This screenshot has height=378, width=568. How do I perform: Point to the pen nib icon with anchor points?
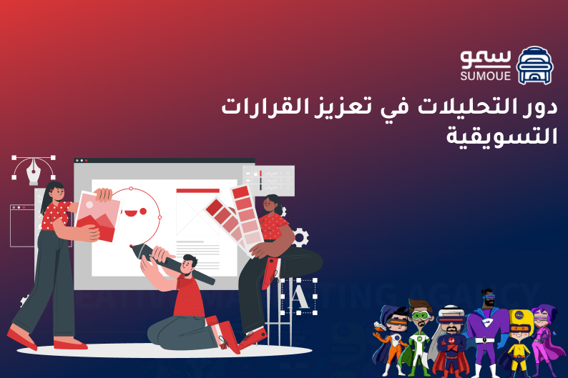(34, 169)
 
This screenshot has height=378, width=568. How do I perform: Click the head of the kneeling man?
(190, 264)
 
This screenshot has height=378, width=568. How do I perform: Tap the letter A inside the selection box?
(300, 295)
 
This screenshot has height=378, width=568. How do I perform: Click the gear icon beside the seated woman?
(300, 237)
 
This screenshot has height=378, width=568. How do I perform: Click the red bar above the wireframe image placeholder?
(197, 190)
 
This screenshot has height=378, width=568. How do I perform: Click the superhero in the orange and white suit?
(391, 340)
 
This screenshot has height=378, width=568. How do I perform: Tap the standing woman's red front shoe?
(21, 337)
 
